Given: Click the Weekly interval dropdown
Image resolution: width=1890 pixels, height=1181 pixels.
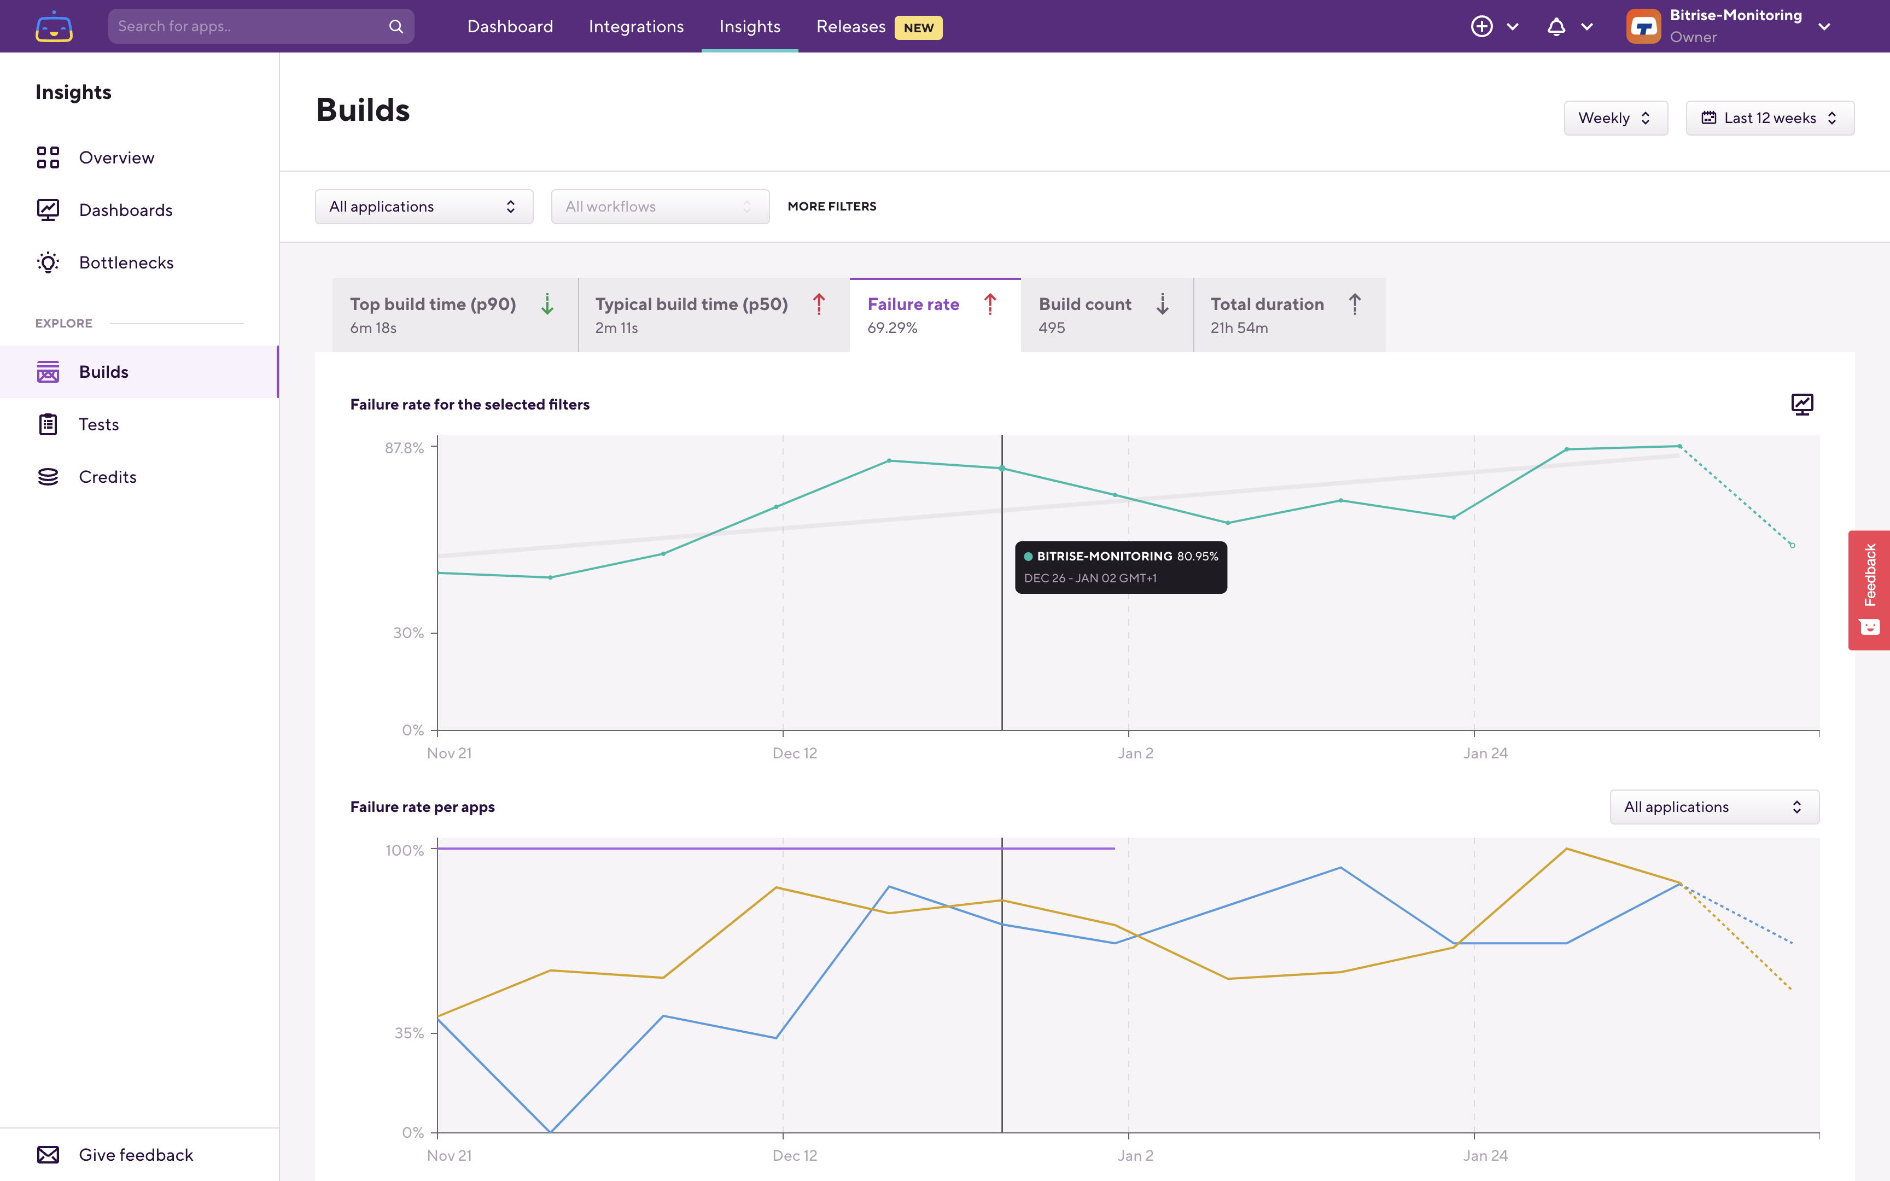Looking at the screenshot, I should coord(1614,118).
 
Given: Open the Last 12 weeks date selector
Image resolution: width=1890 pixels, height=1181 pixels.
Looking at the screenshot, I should coord(1769,118).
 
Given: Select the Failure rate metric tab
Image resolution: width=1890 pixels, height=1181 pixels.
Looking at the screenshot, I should coord(934,315).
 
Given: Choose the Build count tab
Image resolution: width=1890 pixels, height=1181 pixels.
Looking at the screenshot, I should coord(1105,315).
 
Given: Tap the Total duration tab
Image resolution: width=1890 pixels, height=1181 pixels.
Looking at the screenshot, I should coord(1288,315).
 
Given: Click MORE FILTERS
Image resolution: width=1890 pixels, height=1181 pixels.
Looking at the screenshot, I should coord(832,206).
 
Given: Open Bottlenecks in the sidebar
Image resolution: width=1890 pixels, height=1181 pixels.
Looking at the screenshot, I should coord(126,262).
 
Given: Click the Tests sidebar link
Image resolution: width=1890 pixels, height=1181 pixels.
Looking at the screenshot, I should coord(98,424).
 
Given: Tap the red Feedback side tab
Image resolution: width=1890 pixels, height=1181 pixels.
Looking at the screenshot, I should coord(1869,590).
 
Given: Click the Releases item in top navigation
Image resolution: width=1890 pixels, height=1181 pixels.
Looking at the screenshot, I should coord(850,27).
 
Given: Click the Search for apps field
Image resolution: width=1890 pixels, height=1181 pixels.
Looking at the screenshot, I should coord(250,27).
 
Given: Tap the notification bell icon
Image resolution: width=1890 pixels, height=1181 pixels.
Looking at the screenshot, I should coord(1556,27).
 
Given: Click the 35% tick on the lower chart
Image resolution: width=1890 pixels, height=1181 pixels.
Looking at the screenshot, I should coord(409,1033).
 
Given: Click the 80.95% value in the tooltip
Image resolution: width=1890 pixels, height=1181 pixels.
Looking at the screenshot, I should coord(1197,556).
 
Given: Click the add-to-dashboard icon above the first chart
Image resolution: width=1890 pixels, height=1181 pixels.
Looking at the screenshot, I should coord(1802,404).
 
